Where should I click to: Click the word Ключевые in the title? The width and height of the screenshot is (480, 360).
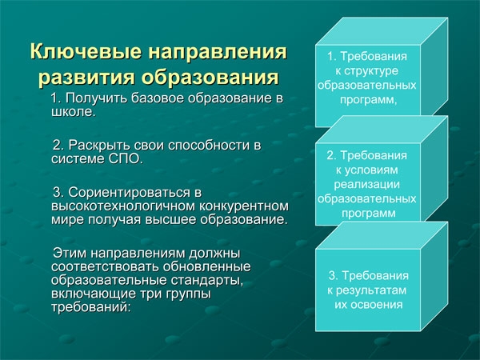[86, 51]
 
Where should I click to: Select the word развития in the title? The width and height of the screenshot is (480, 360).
[86, 76]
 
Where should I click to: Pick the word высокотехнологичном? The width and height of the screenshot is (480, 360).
[123, 206]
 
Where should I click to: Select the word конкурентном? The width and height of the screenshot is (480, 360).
[244, 206]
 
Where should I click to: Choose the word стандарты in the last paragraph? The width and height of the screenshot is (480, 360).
[207, 281]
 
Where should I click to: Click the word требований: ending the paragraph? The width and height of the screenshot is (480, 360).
[91, 307]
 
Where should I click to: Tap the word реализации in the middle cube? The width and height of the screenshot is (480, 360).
[366, 185]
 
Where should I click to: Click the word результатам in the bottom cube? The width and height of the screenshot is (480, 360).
[371, 290]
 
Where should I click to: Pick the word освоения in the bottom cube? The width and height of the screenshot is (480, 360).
[377, 305]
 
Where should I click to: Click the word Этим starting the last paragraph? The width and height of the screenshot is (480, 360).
[70, 254]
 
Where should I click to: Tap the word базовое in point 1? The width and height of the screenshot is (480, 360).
[158, 99]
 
